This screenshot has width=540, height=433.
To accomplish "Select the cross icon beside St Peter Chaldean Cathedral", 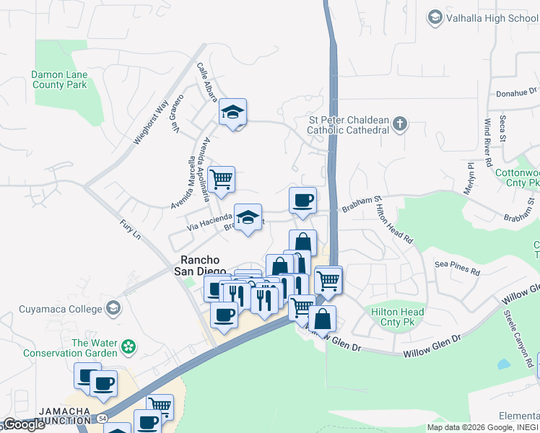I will pos(401,125).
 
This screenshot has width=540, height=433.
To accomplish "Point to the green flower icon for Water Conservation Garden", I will pos(129,347).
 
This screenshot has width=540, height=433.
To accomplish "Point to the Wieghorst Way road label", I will pos(151,123).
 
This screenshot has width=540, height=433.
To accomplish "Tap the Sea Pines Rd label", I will pos(458,268).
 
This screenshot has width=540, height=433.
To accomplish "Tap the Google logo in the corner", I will pos(24,424).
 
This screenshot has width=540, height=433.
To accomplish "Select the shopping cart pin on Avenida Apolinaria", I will pos(221,179).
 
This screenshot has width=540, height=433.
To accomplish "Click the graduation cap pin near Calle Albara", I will pos(232,112).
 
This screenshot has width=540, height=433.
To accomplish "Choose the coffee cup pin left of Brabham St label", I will pos(302,200).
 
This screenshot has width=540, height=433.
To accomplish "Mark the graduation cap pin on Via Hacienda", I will pos(248,216).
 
